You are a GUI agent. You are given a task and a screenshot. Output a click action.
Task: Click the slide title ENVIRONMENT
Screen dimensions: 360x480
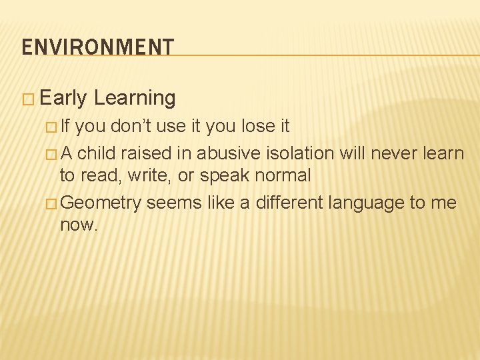97,47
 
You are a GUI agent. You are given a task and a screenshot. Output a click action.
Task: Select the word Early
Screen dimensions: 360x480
63,99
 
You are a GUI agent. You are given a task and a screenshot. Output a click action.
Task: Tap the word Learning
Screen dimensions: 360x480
135,99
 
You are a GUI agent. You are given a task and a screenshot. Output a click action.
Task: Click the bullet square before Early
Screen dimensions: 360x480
27,99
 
